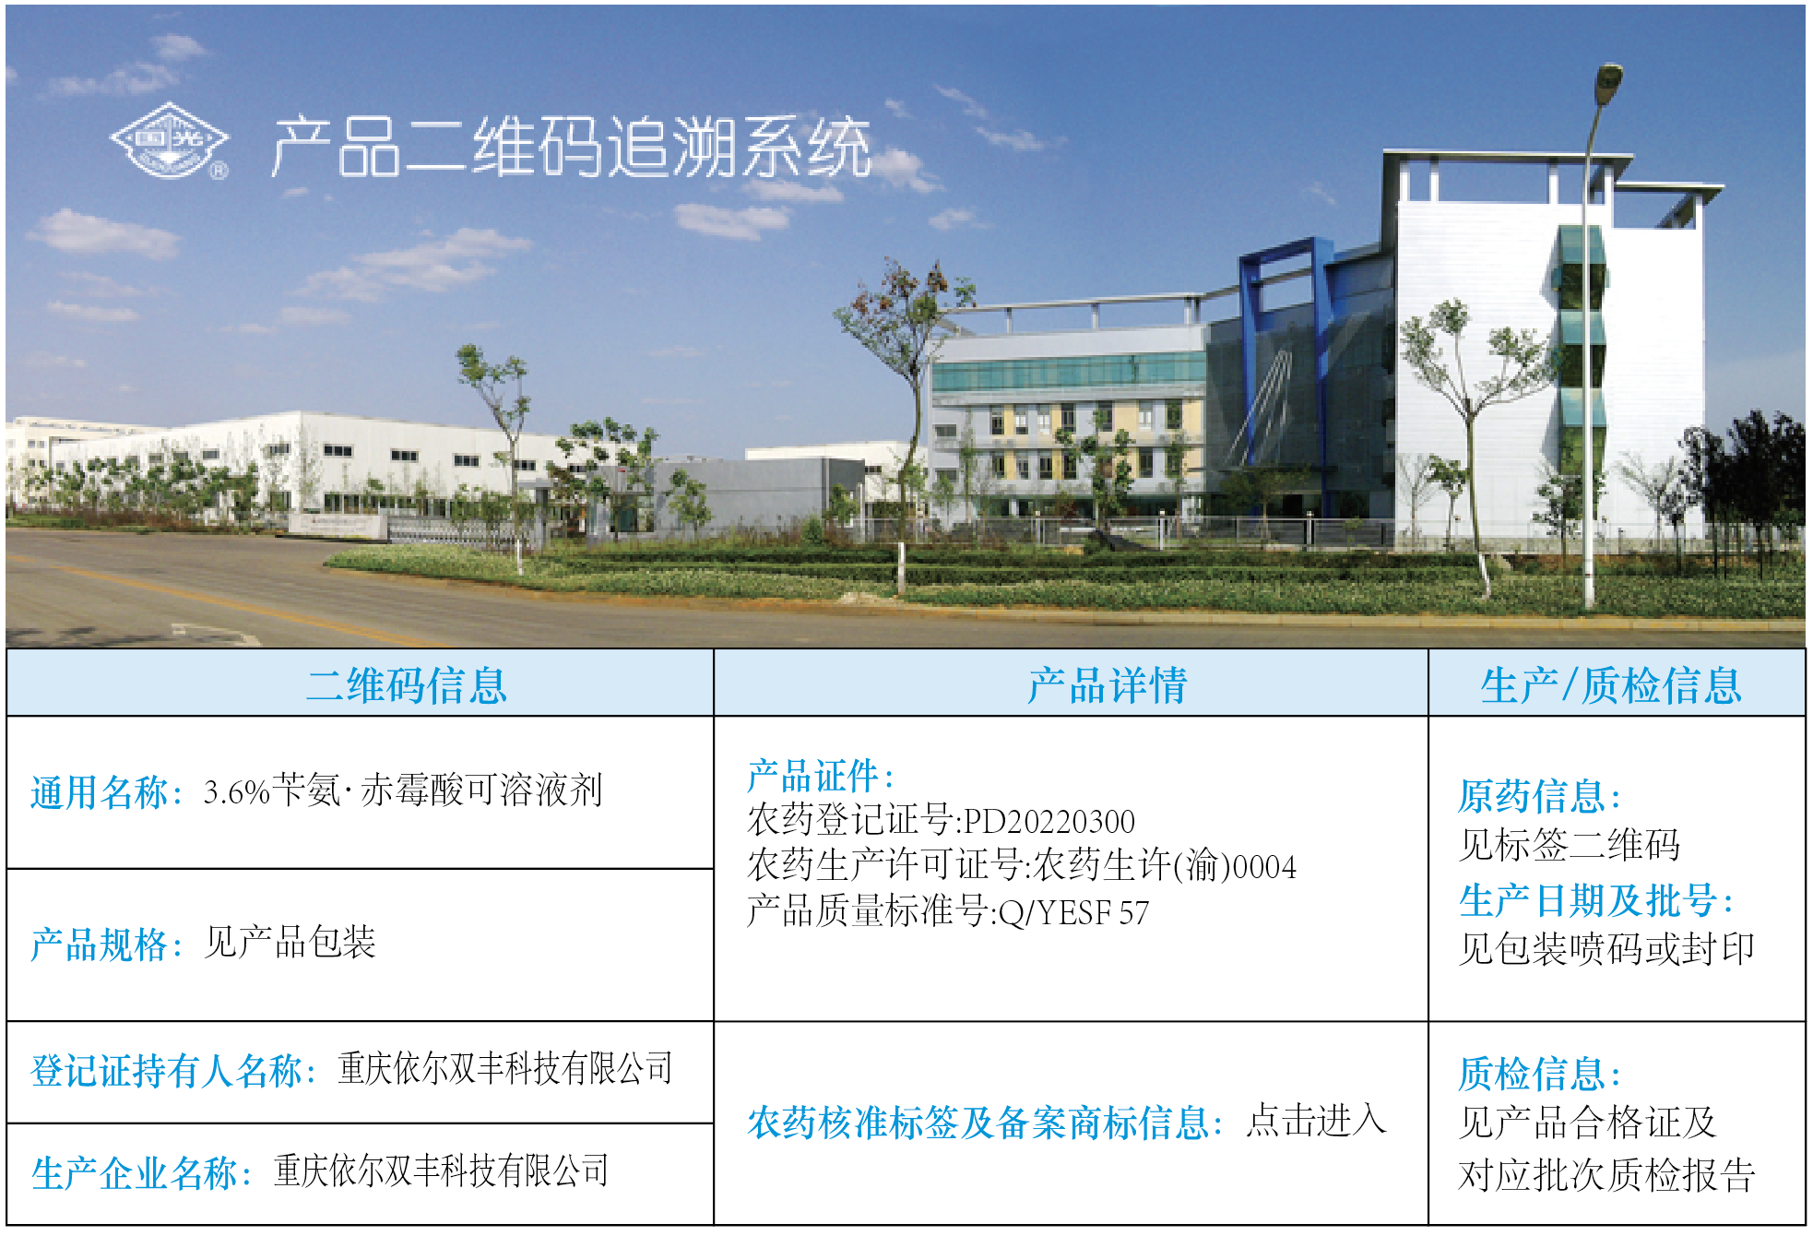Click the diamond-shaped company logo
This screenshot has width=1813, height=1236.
point(170,140)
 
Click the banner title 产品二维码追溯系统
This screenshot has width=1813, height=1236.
point(572,146)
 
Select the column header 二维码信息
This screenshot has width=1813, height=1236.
point(407,685)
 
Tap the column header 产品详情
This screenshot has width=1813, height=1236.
point(1108,685)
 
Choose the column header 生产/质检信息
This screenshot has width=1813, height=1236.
point(1611,685)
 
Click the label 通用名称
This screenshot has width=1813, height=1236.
point(100,792)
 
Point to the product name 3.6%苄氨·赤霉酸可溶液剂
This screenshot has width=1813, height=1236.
point(403,790)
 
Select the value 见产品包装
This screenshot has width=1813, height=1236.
point(290,943)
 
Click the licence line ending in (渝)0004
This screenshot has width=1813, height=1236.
point(1022,866)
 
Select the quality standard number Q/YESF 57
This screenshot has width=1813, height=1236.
point(1073,912)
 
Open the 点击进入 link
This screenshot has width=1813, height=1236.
point(1316,1121)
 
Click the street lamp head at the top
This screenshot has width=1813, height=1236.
point(1609,77)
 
